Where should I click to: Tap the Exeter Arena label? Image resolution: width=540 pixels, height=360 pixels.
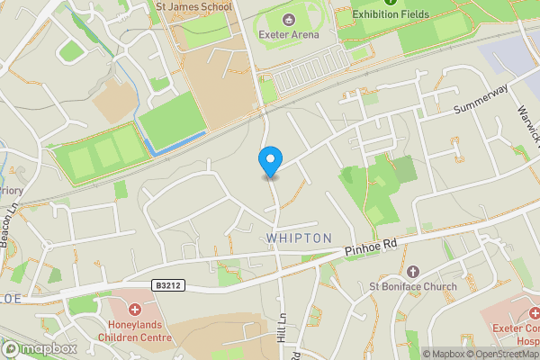coord(289,36)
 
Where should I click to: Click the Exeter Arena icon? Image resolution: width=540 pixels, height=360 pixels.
coord(289,20)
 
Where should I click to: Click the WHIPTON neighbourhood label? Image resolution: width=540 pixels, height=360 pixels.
coord(300,238)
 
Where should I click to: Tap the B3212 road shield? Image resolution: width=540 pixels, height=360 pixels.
coord(166,286)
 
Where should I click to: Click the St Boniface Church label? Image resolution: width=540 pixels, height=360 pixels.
coord(414,287)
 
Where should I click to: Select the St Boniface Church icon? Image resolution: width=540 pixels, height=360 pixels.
coord(413,271)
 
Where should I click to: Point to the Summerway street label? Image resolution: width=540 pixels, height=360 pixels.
coord(481,97)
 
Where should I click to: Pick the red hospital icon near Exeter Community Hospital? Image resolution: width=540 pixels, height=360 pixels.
coord(533,314)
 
